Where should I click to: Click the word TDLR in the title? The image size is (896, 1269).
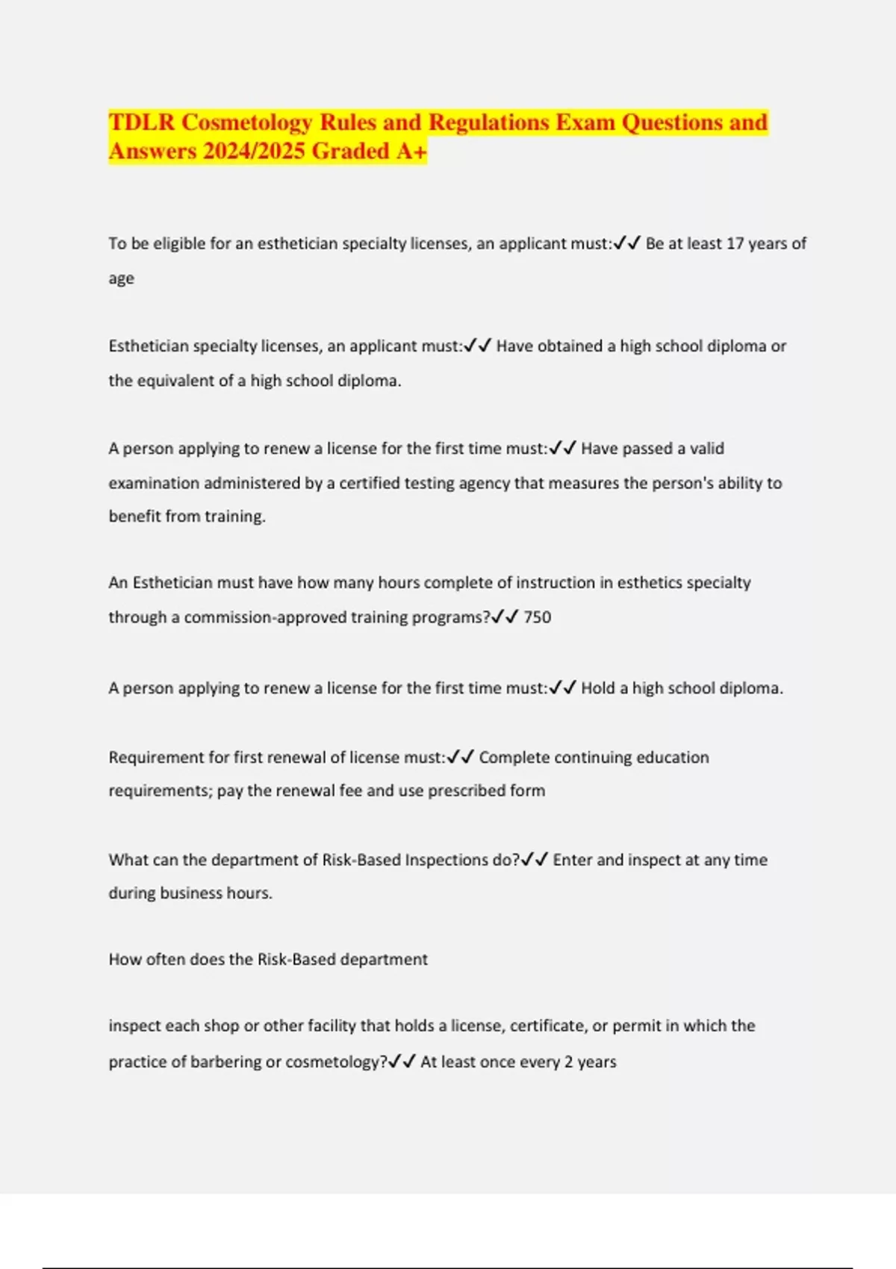click(142, 122)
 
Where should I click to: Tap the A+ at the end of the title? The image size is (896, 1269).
click(411, 152)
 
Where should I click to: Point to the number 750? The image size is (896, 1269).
click(538, 617)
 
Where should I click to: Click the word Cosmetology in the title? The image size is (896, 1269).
click(246, 122)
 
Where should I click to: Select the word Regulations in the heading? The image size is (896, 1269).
click(488, 122)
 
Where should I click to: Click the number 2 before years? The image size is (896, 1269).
click(569, 1061)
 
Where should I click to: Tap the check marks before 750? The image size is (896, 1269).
click(505, 617)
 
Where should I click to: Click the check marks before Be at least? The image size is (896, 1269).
click(626, 243)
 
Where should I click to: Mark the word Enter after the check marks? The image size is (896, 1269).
click(572, 859)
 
